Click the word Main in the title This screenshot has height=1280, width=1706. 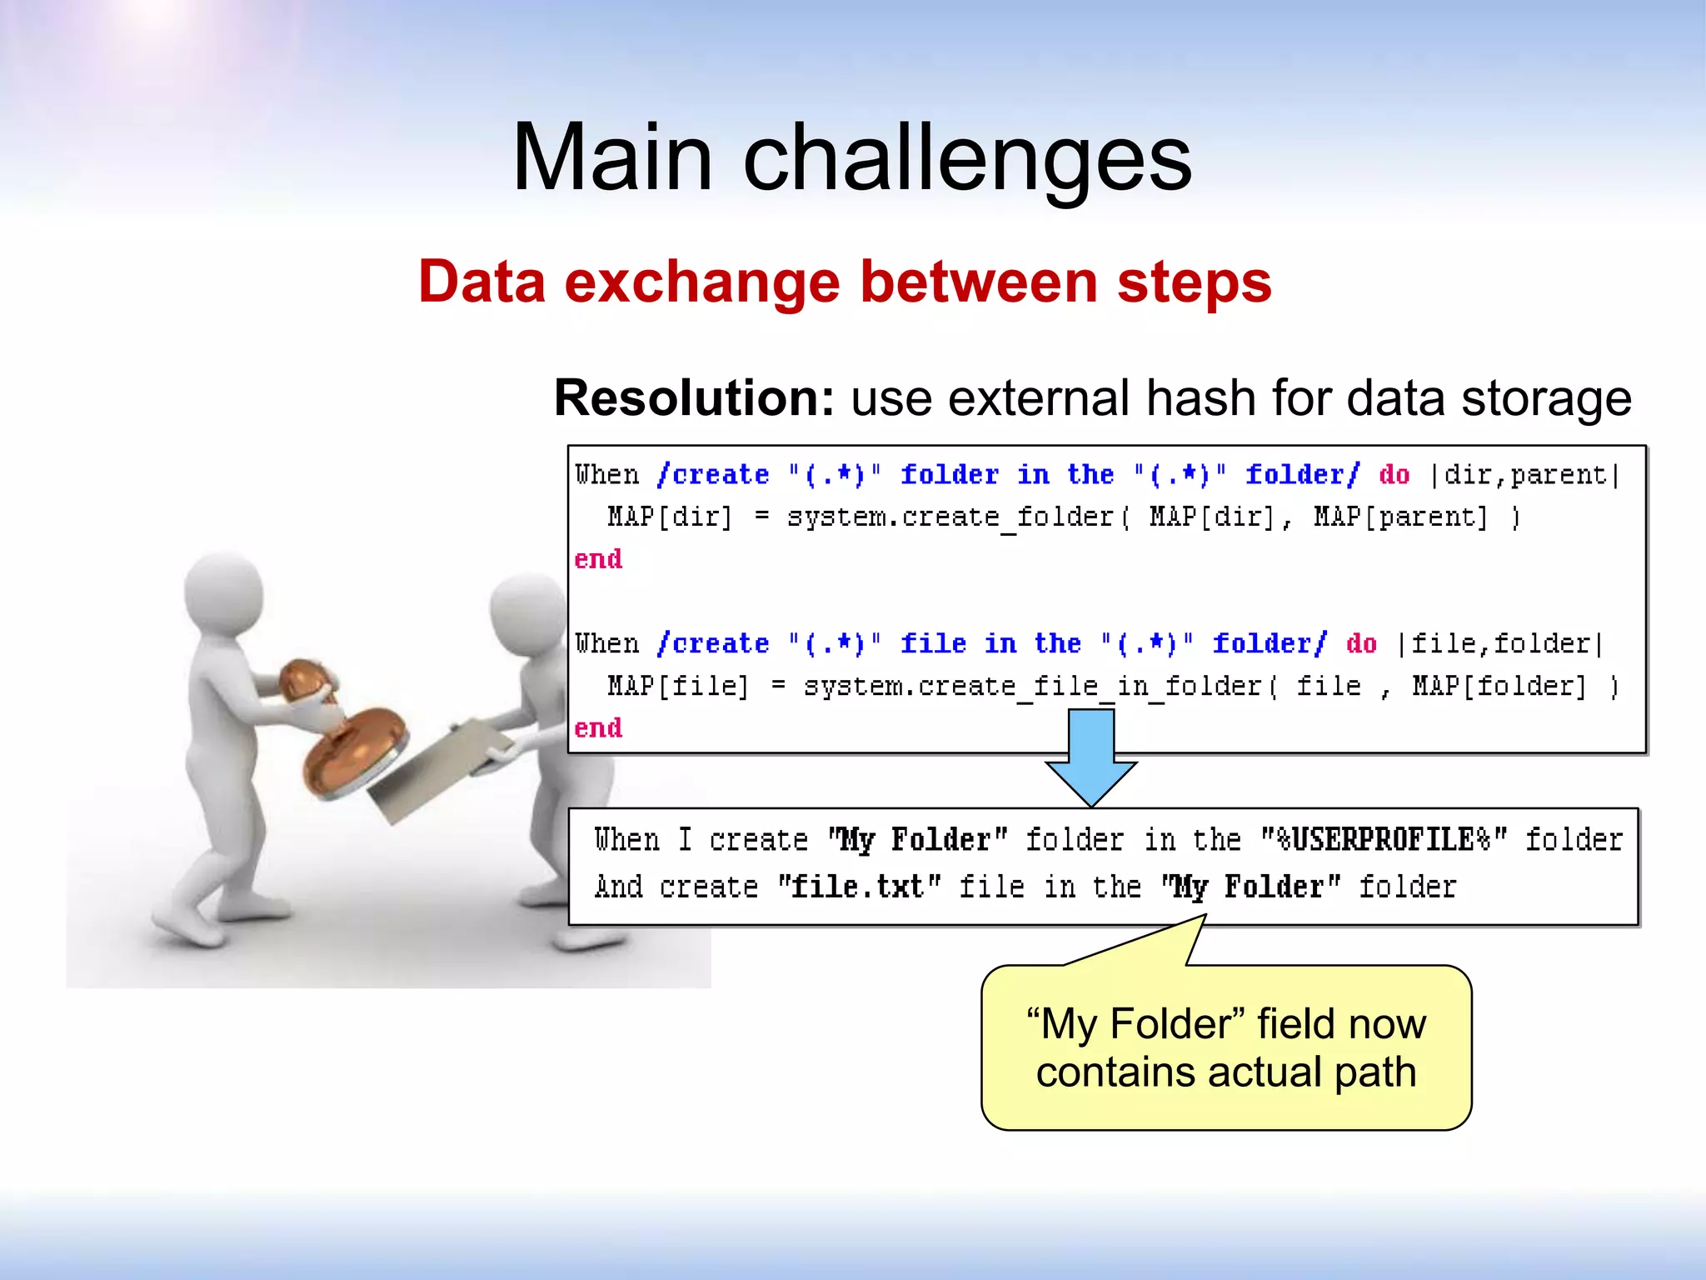tap(612, 157)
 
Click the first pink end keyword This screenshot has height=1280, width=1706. tap(598, 559)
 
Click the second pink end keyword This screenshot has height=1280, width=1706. tap(598, 728)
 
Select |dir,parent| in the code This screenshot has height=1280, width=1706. tap(1524, 475)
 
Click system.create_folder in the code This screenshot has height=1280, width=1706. tap(950, 517)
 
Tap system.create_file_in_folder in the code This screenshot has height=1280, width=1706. tap(1033, 687)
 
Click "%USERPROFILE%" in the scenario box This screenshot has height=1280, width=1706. tap(1384, 839)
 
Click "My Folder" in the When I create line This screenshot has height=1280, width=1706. tap(917, 839)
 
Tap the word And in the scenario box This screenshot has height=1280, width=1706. tap(618, 887)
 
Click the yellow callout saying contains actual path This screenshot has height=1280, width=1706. tap(1225, 1047)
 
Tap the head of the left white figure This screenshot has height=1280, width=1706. tap(223, 594)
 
